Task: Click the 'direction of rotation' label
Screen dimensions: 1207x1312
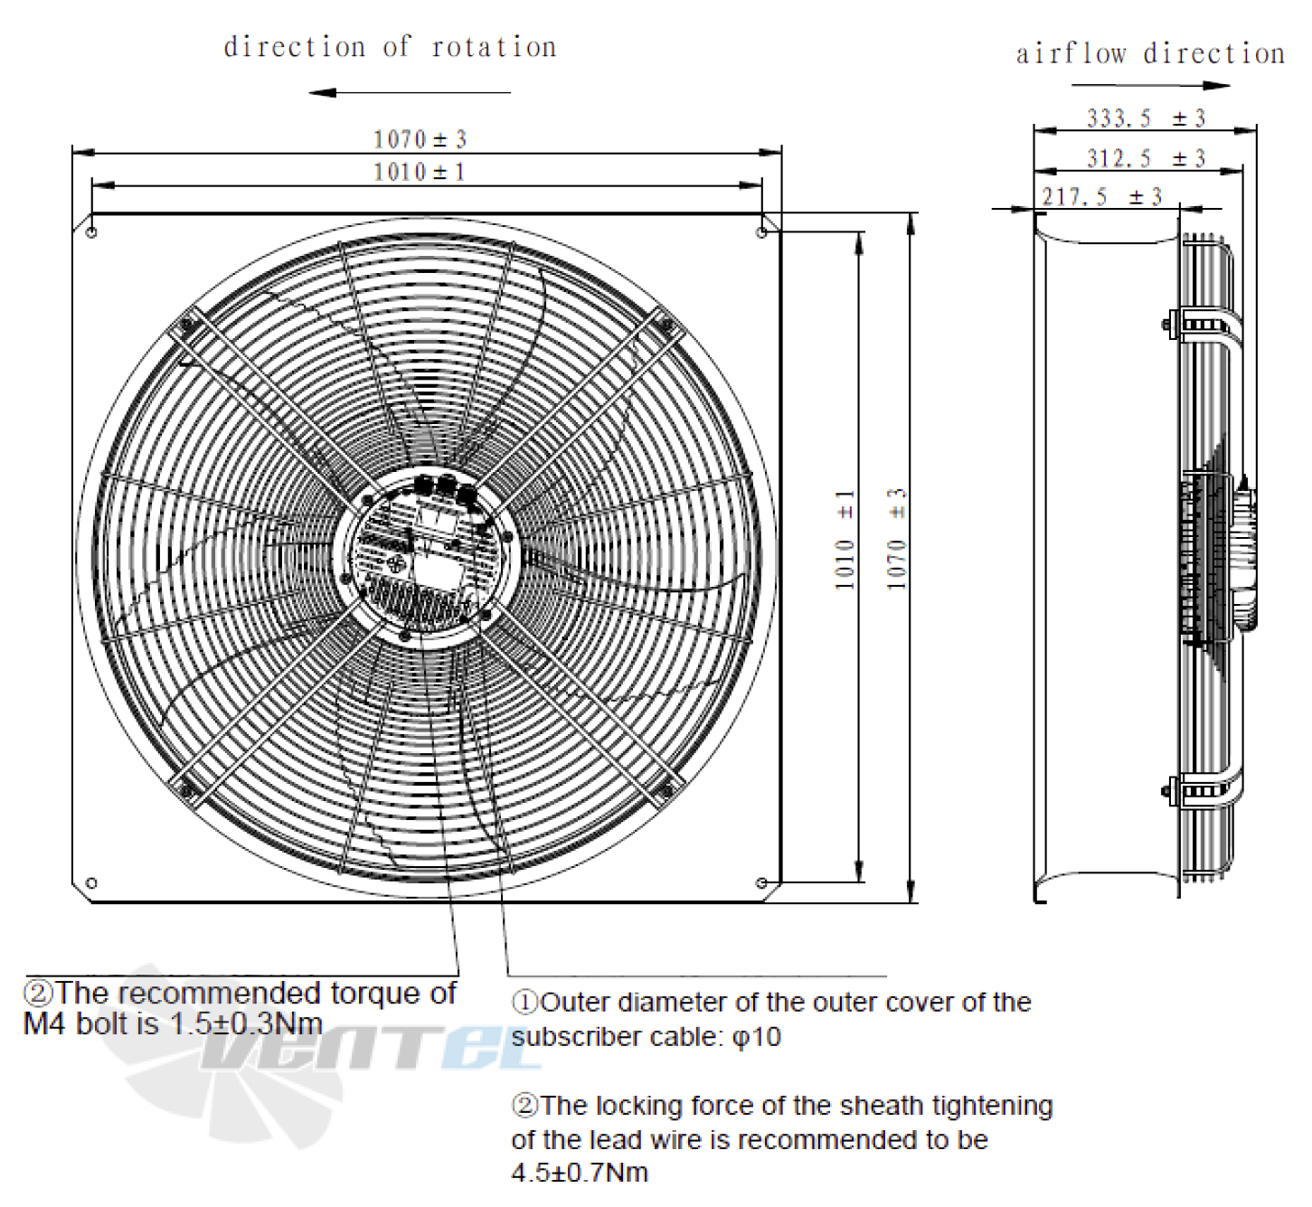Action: [390, 47]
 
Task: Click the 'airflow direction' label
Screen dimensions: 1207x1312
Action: [1149, 54]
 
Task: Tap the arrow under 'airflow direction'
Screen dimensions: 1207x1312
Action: [1150, 86]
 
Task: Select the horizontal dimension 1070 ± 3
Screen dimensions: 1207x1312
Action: [420, 139]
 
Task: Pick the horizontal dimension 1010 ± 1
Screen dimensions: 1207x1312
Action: [420, 172]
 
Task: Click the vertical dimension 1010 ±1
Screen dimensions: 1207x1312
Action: [845, 541]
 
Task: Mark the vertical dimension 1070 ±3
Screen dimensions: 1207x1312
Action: [897, 541]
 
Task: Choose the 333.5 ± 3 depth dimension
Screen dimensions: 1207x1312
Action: [1146, 118]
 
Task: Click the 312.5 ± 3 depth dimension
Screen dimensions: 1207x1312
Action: [1146, 159]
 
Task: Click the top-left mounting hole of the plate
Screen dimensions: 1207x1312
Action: [91, 232]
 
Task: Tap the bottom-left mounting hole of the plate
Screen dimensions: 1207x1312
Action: [91, 882]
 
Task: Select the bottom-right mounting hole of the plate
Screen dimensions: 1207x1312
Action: [761, 882]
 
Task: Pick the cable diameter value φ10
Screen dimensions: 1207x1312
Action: [757, 1037]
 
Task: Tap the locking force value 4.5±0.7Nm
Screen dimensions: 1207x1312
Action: [580, 1173]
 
